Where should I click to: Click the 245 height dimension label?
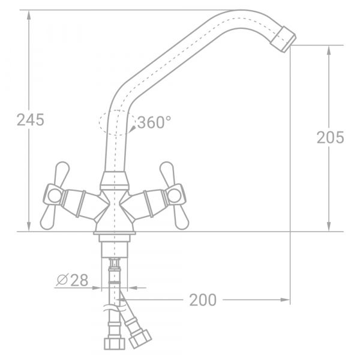(30, 120)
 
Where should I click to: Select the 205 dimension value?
(330, 137)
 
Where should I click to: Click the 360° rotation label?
(154, 123)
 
